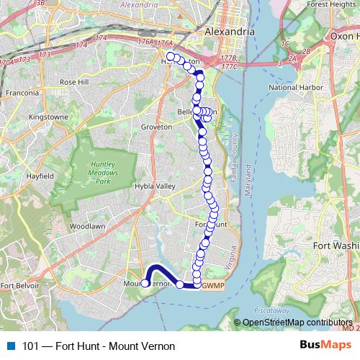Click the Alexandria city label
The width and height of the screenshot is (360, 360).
pyautogui.click(x=229, y=33)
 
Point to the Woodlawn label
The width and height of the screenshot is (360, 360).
pyautogui.click(x=88, y=226)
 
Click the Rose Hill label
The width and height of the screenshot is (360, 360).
pyautogui.click(x=73, y=83)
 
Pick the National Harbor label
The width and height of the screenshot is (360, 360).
pyautogui.click(x=292, y=87)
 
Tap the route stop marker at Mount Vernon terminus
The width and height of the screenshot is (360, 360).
pyautogui.click(x=145, y=284)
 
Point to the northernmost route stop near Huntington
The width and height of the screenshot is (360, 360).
pyautogui.click(x=170, y=56)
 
